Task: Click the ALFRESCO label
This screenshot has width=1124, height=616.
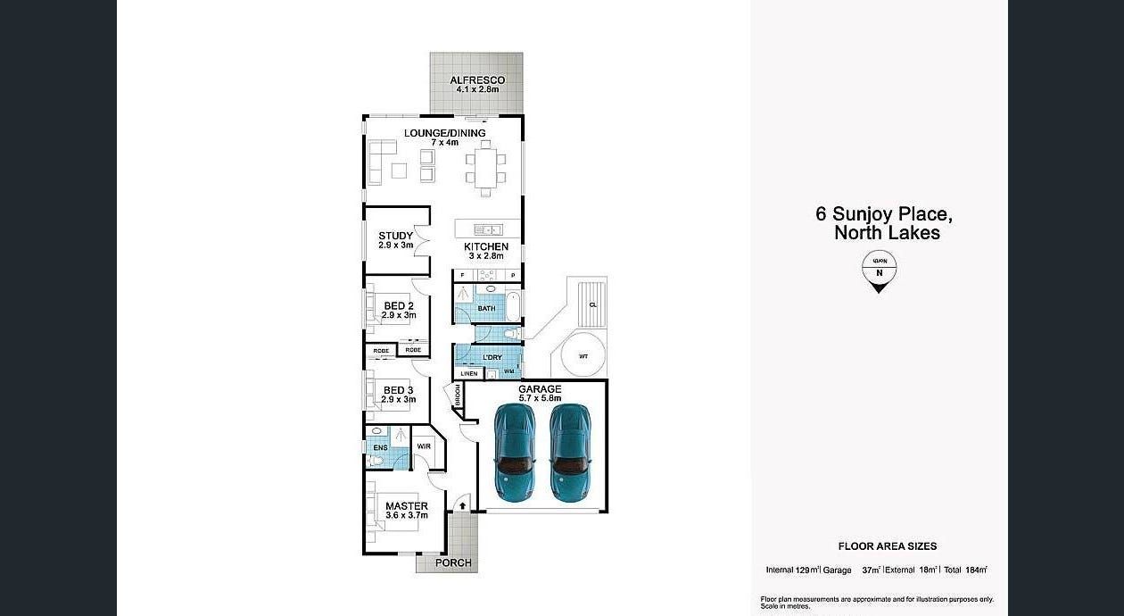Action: click(x=477, y=80)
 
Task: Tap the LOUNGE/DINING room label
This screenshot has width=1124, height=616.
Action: click(x=444, y=133)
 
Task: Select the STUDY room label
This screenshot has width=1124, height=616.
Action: click(x=395, y=237)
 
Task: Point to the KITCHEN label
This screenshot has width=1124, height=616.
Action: click(x=486, y=246)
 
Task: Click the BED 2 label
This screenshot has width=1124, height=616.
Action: click(x=398, y=306)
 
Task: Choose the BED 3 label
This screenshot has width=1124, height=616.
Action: click(x=398, y=390)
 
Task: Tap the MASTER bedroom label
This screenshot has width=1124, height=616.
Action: click(x=407, y=506)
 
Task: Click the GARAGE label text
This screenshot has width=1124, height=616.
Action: click(x=540, y=389)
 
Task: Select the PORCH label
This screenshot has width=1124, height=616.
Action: click(x=453, y=562)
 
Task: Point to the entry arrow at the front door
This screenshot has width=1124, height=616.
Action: click(x=462, y=506)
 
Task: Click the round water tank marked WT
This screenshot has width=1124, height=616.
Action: click(x=583, y=356)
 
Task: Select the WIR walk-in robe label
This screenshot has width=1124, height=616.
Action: click(x=424, y=446)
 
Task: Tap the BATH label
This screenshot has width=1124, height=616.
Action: click(x=486, y=309)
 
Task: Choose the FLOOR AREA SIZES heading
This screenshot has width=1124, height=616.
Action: click(x=887, y=546)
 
